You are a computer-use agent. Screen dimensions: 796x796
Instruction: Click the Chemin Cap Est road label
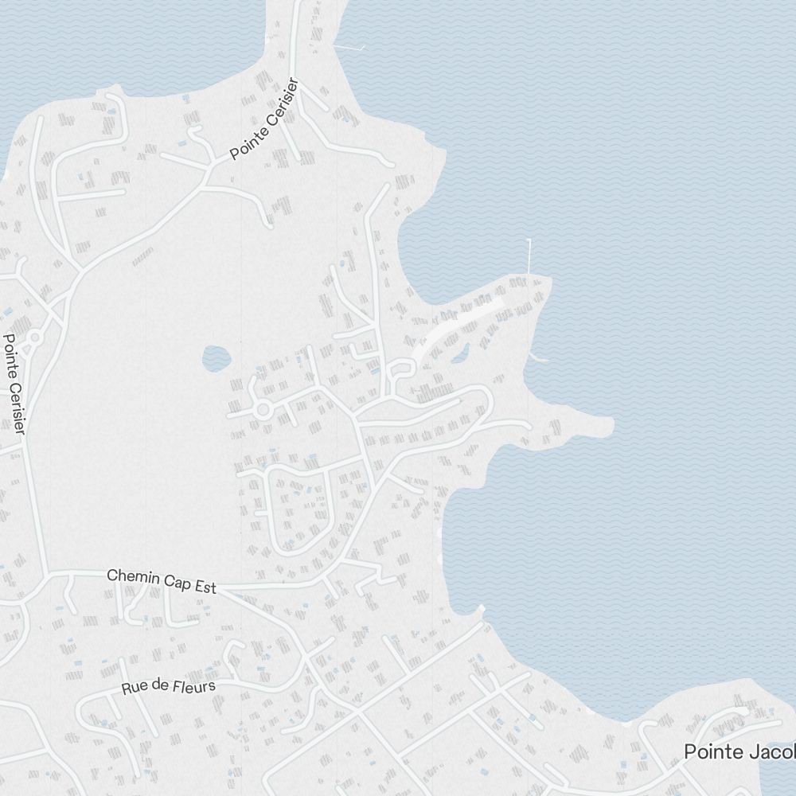(x=162, y=581)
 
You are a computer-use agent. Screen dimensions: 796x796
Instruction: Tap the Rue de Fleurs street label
(x=168, y=686)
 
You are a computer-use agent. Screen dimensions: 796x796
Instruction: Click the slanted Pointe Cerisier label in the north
(x=263, y=119)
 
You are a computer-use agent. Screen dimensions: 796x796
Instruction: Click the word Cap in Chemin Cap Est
(x=179, y=583)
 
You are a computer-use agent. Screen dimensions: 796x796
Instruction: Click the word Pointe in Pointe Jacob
(x=712, y=751)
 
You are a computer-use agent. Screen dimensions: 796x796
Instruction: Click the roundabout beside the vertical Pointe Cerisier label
(x=34, y=339)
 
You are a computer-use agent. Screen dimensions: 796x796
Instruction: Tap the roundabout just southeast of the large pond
(x=263, y=410)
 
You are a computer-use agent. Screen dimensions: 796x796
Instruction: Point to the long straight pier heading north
(x=529, y=256)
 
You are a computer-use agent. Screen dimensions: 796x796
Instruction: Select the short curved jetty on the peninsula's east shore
(x=538, y=359)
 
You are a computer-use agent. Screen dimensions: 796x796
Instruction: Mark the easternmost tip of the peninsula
(x=611, y=425)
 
